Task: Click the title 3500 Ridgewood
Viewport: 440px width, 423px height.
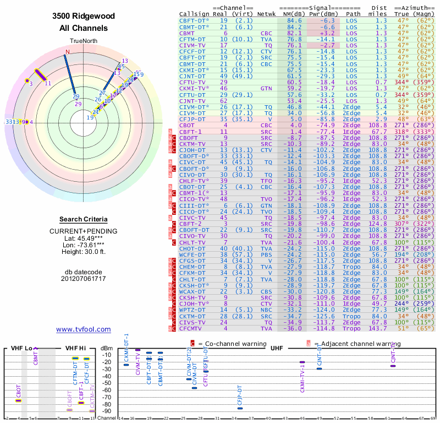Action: (x=84, y=17)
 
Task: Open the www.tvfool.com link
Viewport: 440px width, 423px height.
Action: (x=84, y=329)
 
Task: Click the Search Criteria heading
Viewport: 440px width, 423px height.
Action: (x=84, y=219)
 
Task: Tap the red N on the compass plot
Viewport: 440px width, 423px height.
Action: (x=68, y=52)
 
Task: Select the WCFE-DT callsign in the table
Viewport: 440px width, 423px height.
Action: (x=193, y=254)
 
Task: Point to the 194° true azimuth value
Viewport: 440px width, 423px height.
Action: (x=403, y=254)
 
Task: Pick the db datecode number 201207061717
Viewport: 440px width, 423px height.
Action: (x=84, y=279)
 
